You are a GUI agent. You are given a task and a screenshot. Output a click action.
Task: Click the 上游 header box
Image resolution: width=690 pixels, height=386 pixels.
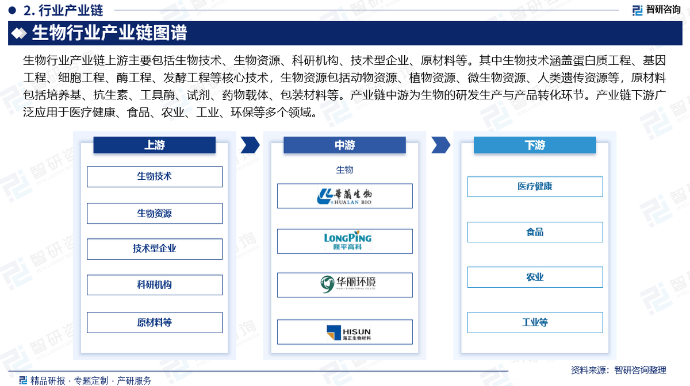[x=154, y=145]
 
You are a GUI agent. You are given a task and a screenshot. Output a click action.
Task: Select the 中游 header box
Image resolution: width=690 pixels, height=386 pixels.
[x=344, y=145]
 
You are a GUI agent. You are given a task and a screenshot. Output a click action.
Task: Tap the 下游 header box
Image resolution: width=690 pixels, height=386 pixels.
[x=535, y=145]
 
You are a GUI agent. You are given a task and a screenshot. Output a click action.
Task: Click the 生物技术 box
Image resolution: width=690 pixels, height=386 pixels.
[x=154, y=176]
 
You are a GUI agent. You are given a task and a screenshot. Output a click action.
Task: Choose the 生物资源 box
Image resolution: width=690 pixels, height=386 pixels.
[x=154, y=213]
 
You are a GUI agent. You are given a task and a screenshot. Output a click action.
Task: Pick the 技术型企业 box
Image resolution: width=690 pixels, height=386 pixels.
[x=154, y=249]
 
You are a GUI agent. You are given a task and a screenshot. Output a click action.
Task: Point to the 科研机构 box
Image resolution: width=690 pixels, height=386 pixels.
[x=154, y=285]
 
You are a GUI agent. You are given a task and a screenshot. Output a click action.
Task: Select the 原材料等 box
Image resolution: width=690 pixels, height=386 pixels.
[x=154, y=322]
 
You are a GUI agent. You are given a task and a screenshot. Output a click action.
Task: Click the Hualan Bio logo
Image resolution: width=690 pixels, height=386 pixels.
[x=344, y=196]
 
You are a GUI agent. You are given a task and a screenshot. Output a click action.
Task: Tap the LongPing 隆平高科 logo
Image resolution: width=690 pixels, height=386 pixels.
[x=344, y=241]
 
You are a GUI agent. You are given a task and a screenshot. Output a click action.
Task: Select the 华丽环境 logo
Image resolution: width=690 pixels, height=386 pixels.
[x=344, y=284]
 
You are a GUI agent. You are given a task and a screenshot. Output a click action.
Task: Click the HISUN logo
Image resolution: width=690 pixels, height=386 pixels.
[x=344, y=332]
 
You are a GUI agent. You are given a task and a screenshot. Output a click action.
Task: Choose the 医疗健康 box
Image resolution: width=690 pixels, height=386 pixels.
[x=535, y=187]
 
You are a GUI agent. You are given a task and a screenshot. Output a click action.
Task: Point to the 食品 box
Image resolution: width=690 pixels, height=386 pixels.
[x=535, y=232]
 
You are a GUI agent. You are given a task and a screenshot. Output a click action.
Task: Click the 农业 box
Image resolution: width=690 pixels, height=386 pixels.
[x=535, y=277]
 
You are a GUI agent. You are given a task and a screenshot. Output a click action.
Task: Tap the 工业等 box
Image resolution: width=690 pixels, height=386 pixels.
[x=535, y=322]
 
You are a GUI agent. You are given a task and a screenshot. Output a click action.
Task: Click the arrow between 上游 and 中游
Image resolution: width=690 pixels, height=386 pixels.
[x=250, y=145]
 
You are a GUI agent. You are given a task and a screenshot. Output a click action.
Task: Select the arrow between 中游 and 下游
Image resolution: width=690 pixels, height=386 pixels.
[x=440, y=145]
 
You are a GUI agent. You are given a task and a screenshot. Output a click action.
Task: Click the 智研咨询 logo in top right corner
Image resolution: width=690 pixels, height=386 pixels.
[x=656, y=10]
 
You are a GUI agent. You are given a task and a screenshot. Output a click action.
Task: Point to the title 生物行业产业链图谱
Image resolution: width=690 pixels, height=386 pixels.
[x=109, y=33]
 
